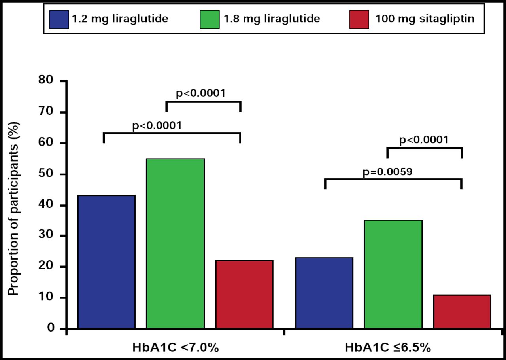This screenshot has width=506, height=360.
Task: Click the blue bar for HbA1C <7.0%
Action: pos(106,262)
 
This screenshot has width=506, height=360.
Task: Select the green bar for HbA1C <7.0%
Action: pos(175,244)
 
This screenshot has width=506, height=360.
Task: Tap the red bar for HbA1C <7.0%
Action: pos(244,294)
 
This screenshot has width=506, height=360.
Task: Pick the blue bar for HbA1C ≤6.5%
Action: pos(324,293)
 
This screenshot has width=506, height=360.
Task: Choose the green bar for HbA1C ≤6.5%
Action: pos(393,274)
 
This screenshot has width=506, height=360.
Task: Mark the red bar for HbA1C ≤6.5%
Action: pos(462,312)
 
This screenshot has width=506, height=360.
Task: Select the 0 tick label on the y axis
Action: pos(51,329)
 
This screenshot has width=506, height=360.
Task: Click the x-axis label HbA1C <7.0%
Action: pos(175,349)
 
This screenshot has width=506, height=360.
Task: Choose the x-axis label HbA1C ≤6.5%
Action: pos(393,349)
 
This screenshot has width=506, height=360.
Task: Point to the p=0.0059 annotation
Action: pos(387,172)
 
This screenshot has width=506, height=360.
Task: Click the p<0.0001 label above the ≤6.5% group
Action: pos(424,140)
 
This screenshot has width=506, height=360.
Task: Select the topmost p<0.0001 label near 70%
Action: pos(200,94)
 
